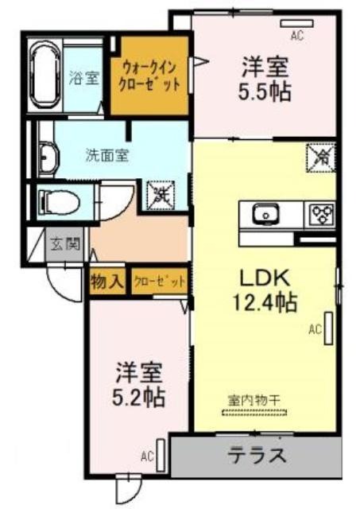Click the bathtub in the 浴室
(45, 75)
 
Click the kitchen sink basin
(265, 214)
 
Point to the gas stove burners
(323, 215)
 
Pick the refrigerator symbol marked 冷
(320, 157)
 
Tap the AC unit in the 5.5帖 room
(296, 23)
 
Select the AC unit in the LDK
(328, 328)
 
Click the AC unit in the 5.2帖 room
(161, 455)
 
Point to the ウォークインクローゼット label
(149, 76)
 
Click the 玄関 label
(66, 243)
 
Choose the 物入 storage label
(107, 281)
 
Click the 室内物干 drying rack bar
(254, 413)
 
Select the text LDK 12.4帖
(265, 290)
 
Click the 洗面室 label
(107, 156)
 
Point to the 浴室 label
(84, 78)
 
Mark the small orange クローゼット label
(160, 282)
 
